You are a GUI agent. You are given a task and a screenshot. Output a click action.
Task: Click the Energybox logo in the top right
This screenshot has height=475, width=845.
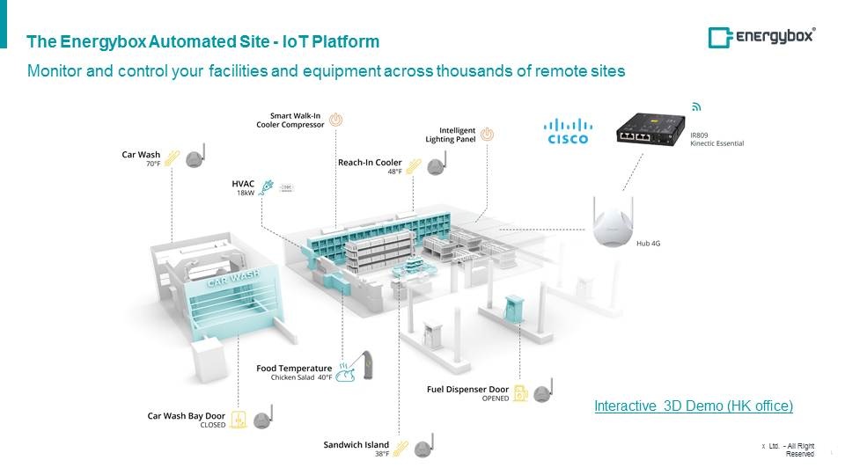[761, 37]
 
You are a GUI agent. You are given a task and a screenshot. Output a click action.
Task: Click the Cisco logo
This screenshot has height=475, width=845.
[567, 131]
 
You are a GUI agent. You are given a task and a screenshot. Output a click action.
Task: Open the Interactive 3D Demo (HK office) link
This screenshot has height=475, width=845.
[694, 406]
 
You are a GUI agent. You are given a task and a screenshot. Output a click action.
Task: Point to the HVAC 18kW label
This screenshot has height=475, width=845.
[243, 187]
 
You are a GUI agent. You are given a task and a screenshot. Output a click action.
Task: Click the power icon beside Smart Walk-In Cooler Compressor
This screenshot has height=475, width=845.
[336, 120]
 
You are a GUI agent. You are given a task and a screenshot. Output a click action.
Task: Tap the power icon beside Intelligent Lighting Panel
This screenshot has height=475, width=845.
[488, 135]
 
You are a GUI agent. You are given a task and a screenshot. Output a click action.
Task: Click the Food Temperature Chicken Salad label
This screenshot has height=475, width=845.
[294, 372]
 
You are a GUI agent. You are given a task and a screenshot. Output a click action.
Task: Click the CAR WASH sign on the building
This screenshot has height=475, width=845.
[233, 282]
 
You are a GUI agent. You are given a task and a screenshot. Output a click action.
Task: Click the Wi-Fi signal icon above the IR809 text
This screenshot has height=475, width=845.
[696, 106]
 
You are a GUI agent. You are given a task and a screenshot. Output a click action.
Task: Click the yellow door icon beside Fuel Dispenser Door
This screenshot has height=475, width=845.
[521, 393]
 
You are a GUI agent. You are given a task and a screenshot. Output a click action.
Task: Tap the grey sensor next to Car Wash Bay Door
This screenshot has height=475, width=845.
[261, 420]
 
